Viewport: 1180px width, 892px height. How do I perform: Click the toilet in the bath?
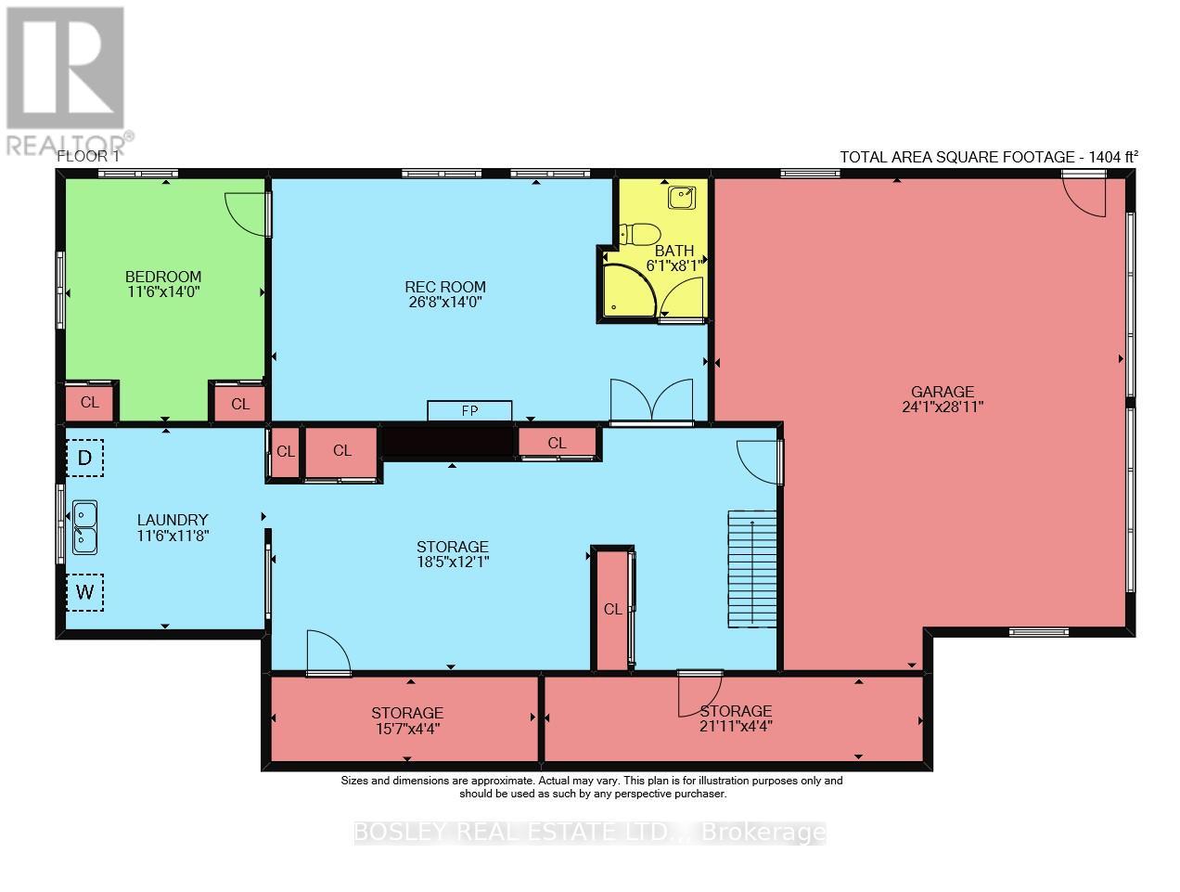[638, 235]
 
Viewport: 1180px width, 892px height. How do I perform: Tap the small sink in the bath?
[681, 198]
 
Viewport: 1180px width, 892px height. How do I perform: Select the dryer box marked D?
[85, 458]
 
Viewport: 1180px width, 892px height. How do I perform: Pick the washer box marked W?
[85, 592]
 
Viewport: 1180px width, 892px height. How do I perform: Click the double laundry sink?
[85, 527]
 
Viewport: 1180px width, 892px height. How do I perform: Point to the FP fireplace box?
[469, 411]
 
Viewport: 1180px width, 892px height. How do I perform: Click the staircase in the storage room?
[752, 569]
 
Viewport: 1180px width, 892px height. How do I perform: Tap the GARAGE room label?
[943, 392]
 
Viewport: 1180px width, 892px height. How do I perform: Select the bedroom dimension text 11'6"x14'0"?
[163, 292]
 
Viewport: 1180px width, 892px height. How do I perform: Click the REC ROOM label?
[445, 287]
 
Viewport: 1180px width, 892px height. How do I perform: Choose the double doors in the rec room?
[651, 399]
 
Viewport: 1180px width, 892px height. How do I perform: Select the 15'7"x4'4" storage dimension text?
[407, 729]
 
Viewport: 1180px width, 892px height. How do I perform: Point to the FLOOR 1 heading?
[88, 157]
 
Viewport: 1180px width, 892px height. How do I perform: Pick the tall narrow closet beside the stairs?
[612, 609]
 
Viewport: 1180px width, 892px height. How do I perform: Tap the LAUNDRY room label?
[173, 520]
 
